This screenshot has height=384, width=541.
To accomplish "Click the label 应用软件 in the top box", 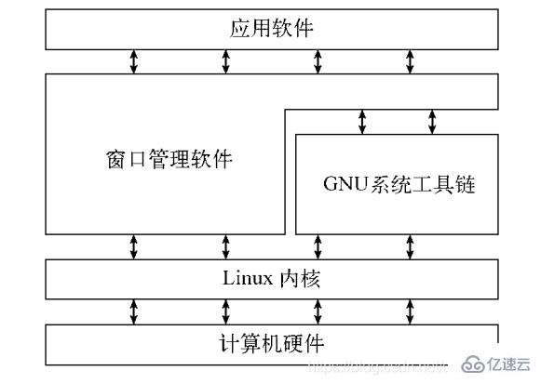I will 271,30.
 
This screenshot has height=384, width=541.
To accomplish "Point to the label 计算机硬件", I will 271,343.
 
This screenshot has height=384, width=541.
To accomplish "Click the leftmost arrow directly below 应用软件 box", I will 134,61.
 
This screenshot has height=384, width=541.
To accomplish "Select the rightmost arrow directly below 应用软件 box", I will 410,61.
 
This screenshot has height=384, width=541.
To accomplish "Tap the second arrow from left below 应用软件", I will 226,61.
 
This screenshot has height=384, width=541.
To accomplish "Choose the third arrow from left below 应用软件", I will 318,61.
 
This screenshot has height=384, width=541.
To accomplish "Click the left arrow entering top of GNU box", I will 363,121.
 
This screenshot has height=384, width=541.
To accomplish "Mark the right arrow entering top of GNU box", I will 432,121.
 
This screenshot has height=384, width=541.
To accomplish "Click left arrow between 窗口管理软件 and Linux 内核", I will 134,246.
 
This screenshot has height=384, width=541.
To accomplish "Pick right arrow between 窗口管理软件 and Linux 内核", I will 226,246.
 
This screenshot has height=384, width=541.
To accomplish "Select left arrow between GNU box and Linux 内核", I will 318,246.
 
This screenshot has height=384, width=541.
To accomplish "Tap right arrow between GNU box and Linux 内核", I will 410,246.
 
